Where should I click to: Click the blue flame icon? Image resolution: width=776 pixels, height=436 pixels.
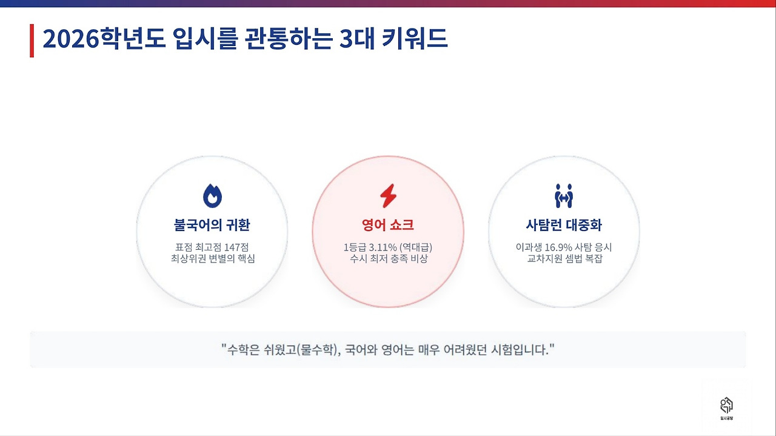pos(212,196)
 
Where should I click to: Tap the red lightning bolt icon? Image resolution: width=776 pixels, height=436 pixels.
pos(388,196)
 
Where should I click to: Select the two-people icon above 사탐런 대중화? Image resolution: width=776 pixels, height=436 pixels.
pos(564,196)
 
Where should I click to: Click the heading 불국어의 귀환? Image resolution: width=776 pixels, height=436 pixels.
pos(212,226)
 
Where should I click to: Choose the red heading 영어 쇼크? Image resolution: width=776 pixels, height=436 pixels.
pos(388,226)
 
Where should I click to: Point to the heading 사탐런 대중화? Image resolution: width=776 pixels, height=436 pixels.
pos(564,226)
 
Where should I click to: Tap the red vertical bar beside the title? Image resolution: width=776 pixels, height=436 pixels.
pos(32,41)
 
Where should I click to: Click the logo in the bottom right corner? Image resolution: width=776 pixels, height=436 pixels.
pos(726,407)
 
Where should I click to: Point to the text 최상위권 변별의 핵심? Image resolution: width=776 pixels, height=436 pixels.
pos(212,260)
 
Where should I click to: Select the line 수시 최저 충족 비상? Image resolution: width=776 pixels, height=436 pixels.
pos(388,260)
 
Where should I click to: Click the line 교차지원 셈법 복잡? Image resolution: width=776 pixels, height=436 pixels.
pos(564,260)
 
